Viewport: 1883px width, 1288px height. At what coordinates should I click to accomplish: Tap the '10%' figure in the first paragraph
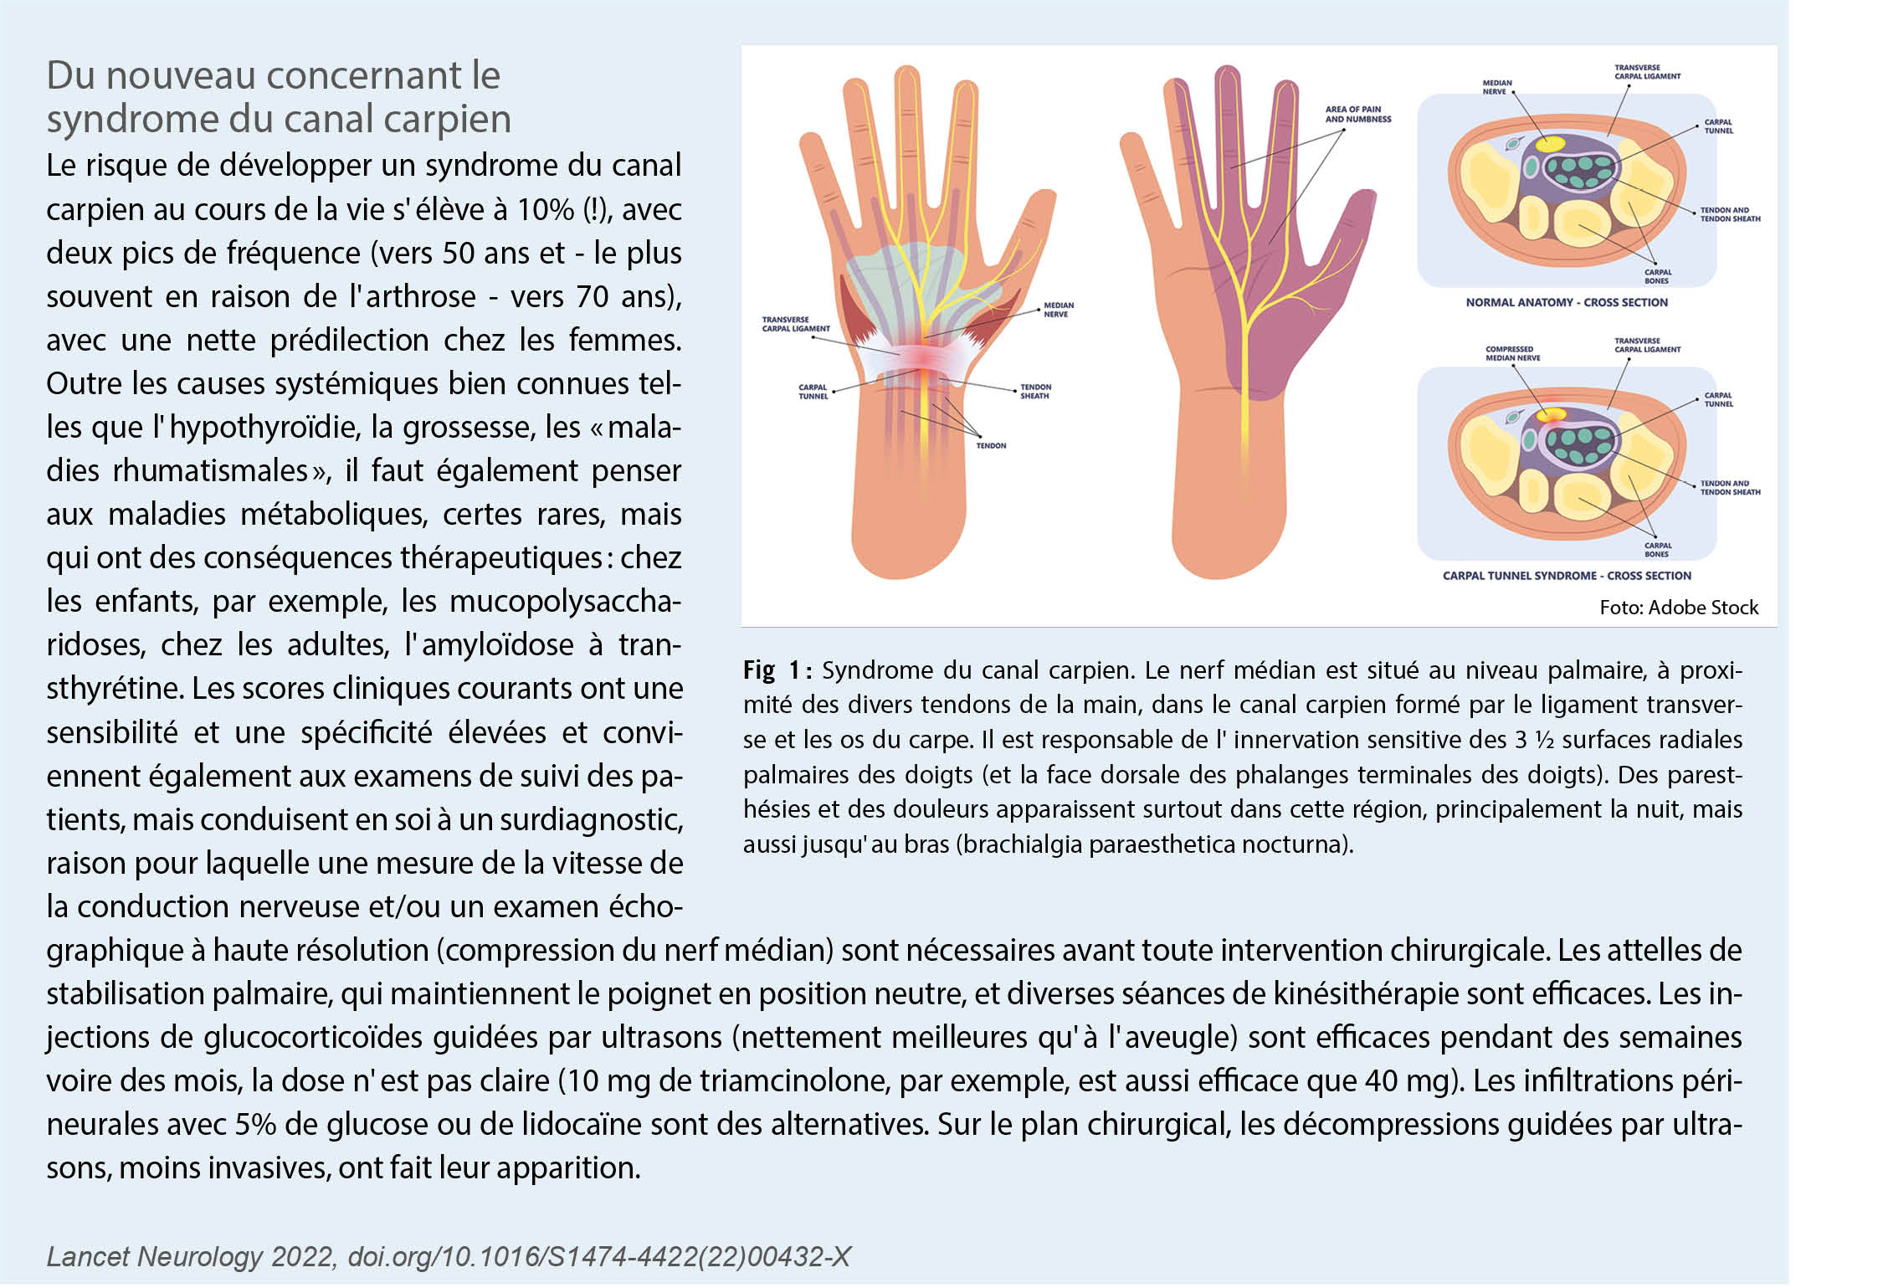click(x=545, y=209)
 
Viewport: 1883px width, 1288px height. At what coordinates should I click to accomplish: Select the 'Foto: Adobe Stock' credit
click(x=1678, y=608)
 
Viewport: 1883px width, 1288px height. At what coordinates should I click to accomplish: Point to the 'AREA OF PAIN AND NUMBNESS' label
click(x=1357, y=115)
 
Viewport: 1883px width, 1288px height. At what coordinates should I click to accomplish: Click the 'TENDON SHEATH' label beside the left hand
click(x=1034, y=392)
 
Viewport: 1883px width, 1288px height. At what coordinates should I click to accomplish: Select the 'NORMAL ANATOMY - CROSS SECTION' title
click(x=1566, y=302)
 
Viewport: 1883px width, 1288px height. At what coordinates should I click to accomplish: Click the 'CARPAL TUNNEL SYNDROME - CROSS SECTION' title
click(x=1566, y=576)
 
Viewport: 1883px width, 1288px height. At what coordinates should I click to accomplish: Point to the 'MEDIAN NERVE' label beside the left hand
click(x=1058, y=310)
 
